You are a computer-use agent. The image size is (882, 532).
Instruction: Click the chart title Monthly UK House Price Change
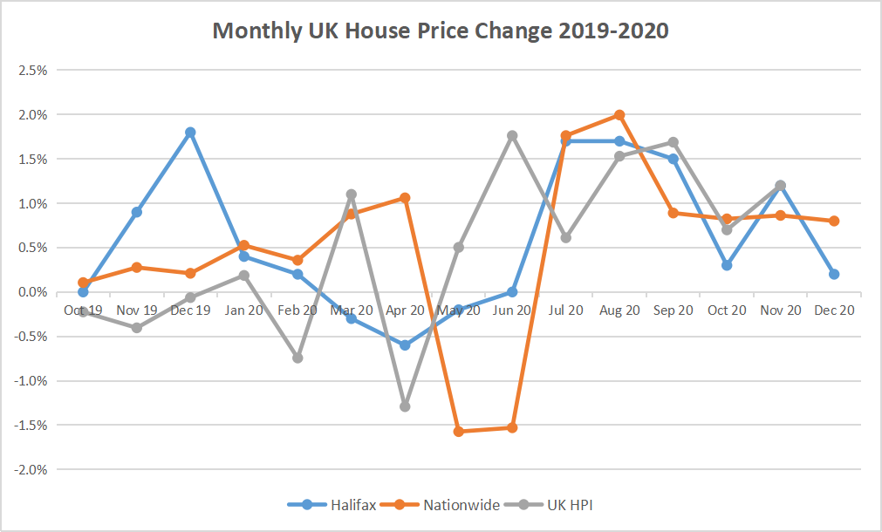coord(441,31)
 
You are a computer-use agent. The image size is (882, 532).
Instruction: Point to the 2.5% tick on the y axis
coord(32,70)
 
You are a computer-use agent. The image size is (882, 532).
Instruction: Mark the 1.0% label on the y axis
coord(32,203)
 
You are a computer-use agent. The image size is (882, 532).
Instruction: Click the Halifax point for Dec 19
coord(190,133)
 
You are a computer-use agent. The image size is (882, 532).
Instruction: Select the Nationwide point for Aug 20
coord(619,115)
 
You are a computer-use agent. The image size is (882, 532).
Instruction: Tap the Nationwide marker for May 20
coord(459,431)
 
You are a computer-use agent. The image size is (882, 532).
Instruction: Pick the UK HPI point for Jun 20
coord(512,135)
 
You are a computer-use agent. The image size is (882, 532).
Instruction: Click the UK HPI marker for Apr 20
coord(405,406)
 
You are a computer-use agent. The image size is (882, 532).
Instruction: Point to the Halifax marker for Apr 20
coord(405,345)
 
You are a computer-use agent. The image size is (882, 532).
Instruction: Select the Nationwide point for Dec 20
coord(834,221)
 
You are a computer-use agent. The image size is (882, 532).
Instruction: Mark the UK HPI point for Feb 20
coord(297,358)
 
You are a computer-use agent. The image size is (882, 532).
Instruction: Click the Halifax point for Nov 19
coord(137,212)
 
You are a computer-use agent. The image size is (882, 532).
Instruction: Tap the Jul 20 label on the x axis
coord(565,310)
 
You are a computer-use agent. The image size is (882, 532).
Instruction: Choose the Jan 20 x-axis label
coord(243,310)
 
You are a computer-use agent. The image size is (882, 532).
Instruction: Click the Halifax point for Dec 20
coord(834,274)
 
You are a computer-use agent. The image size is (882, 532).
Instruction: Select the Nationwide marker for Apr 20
coord(405,198)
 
